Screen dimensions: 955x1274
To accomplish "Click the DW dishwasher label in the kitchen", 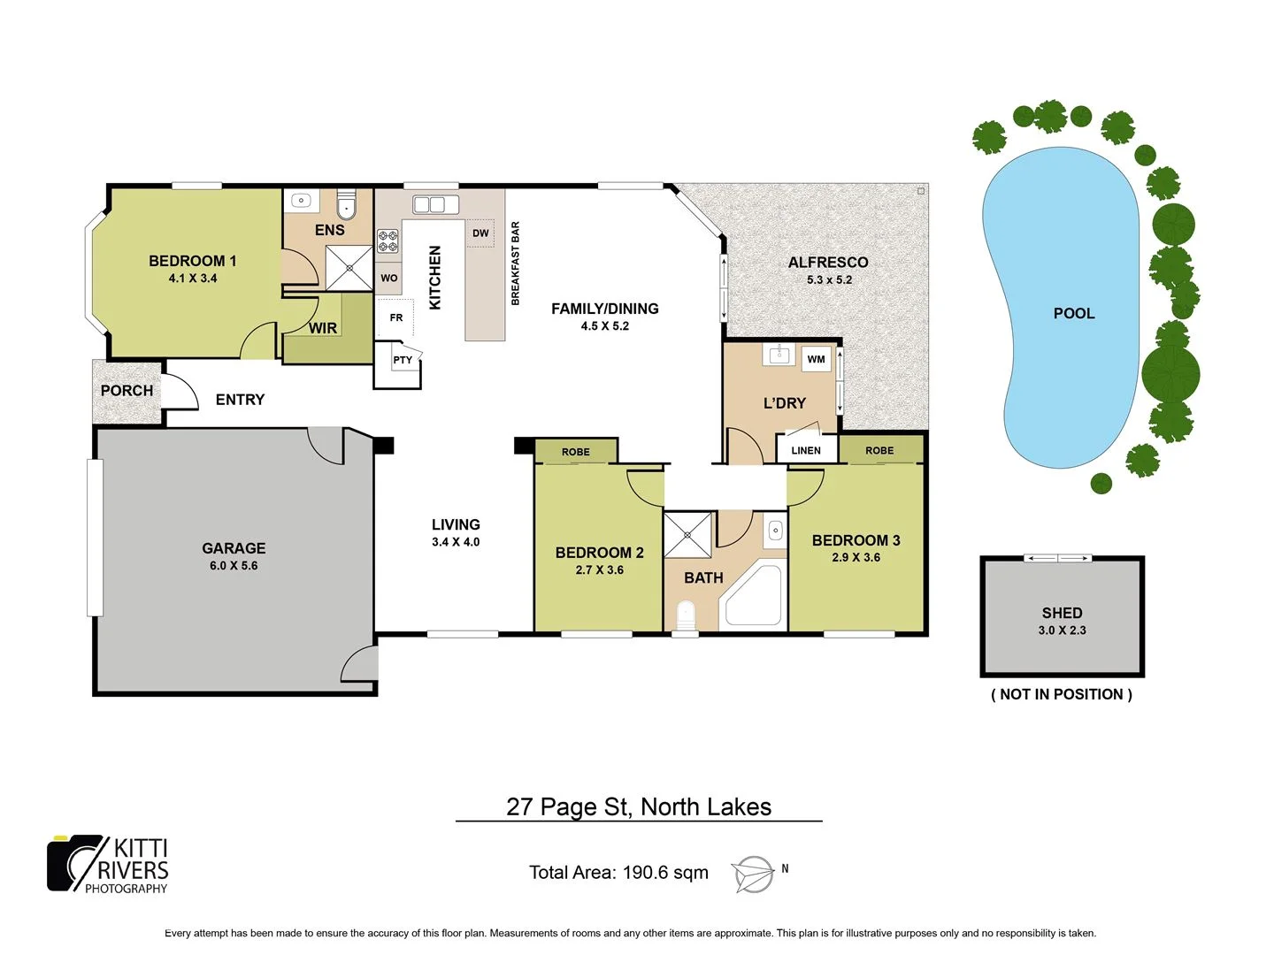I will [480, 233].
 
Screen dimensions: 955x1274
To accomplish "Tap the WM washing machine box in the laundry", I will [816, 359].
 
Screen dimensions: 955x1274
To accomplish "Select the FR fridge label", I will [396, 317].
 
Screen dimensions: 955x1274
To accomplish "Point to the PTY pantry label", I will [403, 360].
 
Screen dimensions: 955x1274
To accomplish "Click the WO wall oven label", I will [389, 278].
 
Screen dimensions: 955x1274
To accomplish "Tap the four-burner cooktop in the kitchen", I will [388, 241].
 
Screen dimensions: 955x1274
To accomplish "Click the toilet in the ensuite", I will [346, 206].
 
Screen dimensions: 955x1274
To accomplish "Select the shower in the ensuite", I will [349, 268].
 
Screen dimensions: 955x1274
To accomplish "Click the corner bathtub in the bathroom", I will [752, 597].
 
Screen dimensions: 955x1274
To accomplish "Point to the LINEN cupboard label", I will [806, 450].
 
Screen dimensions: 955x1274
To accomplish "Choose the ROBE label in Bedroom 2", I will [575, 452].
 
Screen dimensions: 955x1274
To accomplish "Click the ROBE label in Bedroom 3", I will [879, 450].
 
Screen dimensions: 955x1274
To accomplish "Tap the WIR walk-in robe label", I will [323, 328].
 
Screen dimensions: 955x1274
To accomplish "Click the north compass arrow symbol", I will [752, 875].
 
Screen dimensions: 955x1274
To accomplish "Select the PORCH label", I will [127, 391].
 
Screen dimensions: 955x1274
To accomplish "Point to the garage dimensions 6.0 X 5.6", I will [234, 566].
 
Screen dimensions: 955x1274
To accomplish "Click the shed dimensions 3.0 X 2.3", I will [1062, 630].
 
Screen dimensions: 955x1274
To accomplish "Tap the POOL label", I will [1074, 313].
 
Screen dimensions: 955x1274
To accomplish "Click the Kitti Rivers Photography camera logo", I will [75, 863].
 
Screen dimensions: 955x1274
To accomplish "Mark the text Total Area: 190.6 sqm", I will [618, 873].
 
